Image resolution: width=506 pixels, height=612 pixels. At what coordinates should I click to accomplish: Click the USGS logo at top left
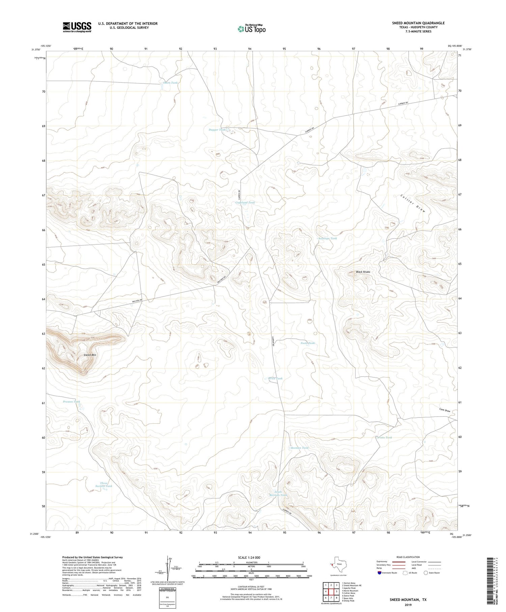click(77, 27)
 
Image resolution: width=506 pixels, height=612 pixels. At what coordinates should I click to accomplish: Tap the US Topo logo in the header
click(251, 29)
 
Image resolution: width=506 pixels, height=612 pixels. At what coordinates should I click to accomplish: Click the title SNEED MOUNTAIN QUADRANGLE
click(418, 23)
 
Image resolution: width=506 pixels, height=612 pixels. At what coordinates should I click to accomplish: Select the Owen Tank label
click(170, 83)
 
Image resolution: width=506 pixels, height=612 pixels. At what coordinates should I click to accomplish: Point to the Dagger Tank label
click(217, 130)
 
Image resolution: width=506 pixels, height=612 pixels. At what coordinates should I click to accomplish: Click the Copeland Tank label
click(245, 203)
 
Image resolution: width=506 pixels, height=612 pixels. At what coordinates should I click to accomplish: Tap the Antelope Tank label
click(327, 238)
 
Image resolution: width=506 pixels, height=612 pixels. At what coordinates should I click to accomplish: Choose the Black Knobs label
click(363, 272)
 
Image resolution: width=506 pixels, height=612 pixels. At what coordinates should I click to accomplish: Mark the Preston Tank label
click(72, 402)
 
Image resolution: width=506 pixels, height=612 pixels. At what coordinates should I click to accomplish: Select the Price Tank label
click(275, 378)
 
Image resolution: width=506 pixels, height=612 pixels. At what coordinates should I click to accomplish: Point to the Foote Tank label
click(307, 343)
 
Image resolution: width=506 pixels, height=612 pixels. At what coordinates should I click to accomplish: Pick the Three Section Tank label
click(104, 484)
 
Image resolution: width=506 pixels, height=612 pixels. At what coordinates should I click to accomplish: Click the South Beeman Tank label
click(278, 493)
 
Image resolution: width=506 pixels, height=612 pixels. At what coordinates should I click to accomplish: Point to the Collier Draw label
click(413, 204)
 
